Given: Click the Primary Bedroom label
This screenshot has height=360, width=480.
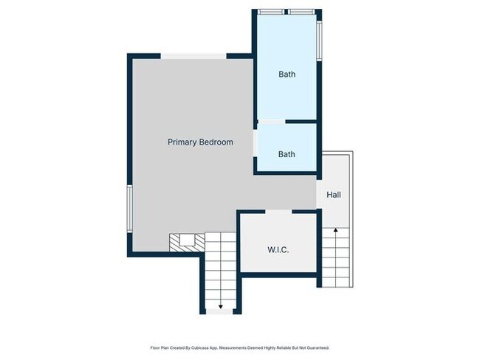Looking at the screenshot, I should pos(200,142).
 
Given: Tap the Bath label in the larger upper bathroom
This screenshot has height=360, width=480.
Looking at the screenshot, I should pos(287,75).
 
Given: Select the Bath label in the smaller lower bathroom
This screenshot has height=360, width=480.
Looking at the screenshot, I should pos(287,154).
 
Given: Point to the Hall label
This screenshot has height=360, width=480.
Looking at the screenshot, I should pos(334,195).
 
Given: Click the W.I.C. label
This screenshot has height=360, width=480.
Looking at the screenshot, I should pos(278,250).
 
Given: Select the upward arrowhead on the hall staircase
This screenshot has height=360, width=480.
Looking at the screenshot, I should pos(336,231).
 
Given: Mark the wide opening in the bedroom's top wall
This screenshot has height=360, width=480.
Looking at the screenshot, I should pos(193,56).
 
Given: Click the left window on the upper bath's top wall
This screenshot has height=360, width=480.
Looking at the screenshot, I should pos(268,12).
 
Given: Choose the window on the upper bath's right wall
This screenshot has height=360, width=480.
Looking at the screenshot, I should pos(320,41).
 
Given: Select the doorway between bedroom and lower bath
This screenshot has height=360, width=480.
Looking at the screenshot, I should pos(256,142).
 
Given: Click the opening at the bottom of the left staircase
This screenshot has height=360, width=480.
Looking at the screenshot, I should pos(219,312).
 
